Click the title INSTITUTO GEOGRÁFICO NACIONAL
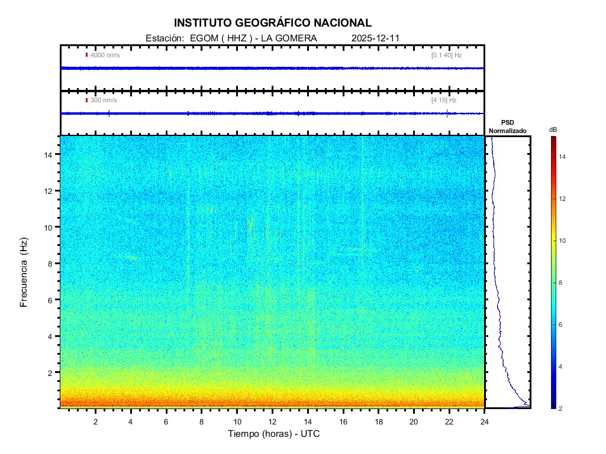[x=273, y=23]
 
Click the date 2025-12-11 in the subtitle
[x=376, y=38]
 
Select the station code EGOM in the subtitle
[x=199, y=38]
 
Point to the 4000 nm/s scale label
[x=105, y=55]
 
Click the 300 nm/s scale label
[x=104, y=100]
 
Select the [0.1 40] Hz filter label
[x=446, y=55]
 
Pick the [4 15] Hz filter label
[x=444, y=100]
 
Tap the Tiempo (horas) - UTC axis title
[x=274, y=434]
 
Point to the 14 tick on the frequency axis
[x=50, y=154]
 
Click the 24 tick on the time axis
[x=485, y=421]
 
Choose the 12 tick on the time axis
[x=272, y=421]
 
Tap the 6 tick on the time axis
[x=166, y=421]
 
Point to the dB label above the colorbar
[x=553, y=129]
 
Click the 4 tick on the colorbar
[x=562, y=367]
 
